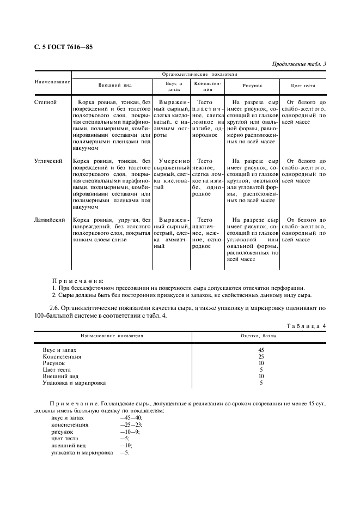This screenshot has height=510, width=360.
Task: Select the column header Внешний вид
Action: [x=114, y=86]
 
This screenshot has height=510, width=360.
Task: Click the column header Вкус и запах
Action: [x=173, y=86]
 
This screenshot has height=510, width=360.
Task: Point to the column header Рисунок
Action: [x=252, y=86]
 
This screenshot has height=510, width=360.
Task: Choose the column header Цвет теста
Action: [x=303, y=86]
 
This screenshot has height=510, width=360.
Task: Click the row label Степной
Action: [x=45, y=102]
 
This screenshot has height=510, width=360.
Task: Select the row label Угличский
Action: [x=48, y=161]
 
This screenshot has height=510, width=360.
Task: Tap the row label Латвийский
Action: [x=50, y=220]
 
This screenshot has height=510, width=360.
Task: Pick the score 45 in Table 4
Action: [x=261, y=350]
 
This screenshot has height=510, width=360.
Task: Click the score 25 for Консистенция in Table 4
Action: [x=261, y=356]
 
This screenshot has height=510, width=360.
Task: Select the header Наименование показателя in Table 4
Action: [x=112, y=336]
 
